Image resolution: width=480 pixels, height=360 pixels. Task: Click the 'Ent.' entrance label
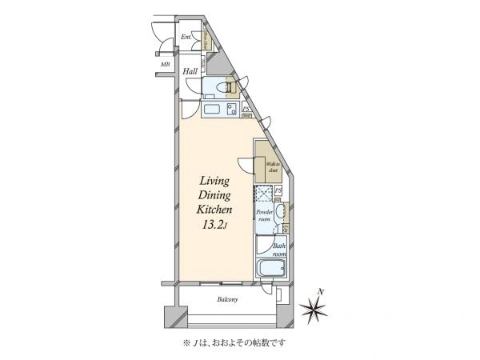pyautogui.click(x=186, y=37)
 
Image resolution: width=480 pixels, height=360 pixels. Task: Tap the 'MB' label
pyautogui.click(x=166, y=64)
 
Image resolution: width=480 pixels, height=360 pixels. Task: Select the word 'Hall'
pyautogui.click(x=190, y=72)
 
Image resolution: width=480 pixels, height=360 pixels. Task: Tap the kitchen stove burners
pyautogui.click(x=231, y=110)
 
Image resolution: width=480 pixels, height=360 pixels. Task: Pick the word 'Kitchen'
pyautogui.click(x=213, y=210)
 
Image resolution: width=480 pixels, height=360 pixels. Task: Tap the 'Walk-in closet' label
pyautogui.click(x=272, y=167)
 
